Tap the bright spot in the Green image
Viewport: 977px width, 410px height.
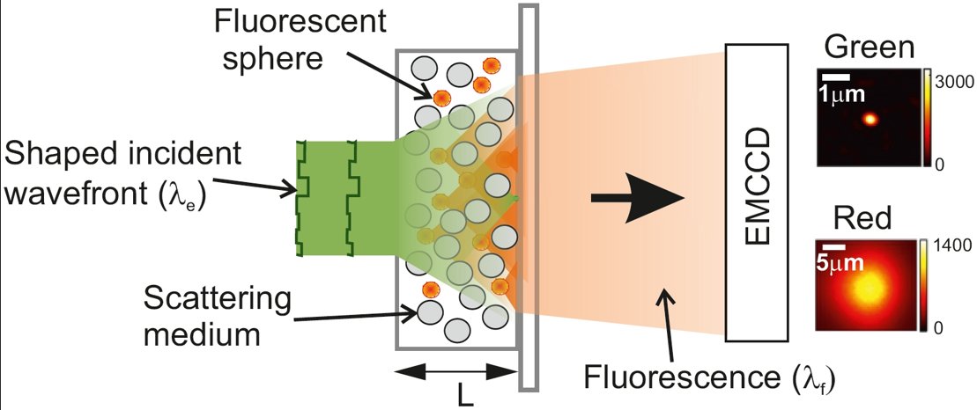tap(871, 119)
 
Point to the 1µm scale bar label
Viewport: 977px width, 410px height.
tap(842, 92)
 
